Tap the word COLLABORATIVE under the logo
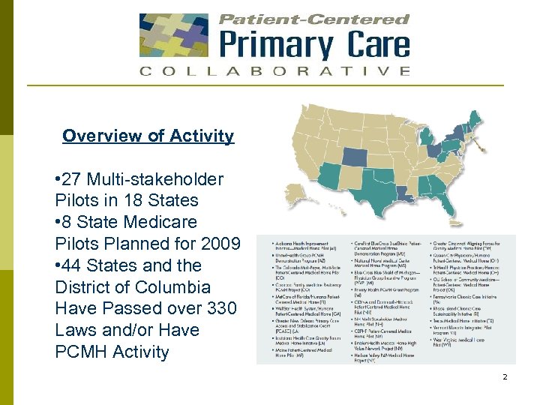[x=274, y=71]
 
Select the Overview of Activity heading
[x=148, y=136]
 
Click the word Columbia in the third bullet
[x=174, y=287]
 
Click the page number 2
[x=505, y=376]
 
